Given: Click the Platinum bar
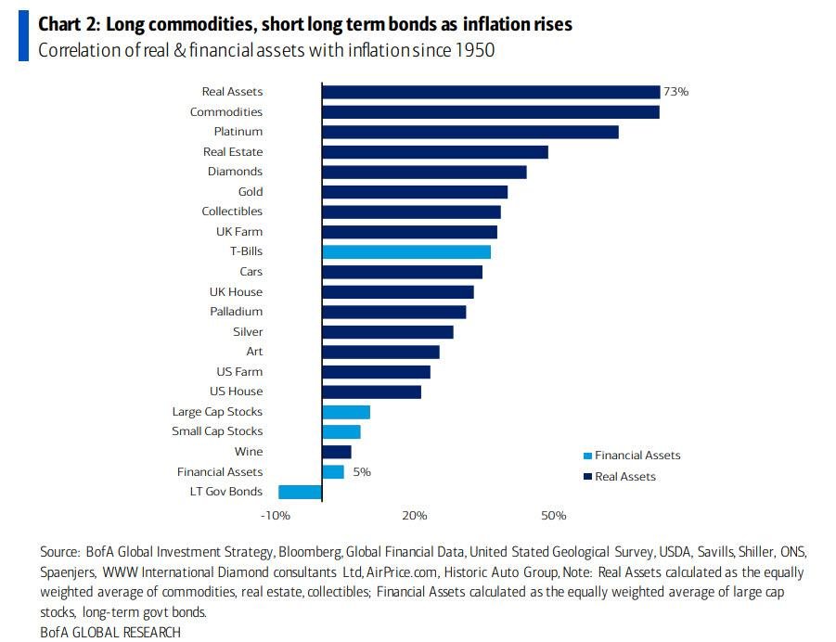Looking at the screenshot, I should pyautogui.click(x=469, y=132).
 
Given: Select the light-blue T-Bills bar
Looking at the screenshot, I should pyautogui.click(x=405, y=251).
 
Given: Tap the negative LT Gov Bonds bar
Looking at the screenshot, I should pyautogui.click(x=300, y=492).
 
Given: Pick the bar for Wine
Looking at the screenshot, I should pyautogui.click(x=336, y=452).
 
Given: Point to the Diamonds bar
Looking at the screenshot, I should pyautogui.click(x=424, y=172).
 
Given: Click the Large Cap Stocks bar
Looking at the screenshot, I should pyautogui.click(x=345, y=412).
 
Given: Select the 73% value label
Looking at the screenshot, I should pyautogui.click(x=676, y=92).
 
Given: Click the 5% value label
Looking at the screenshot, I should pyautogui.click(x=362, y=472).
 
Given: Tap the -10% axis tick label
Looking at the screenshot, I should pyautogui.click(x=276, y=516).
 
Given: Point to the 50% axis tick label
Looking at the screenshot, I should pyautogui.click(x=553, y=516).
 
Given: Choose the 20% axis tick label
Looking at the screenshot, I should pyautogui.click(x=415, y=516).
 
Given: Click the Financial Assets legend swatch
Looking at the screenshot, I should pyautogui.click(x=586, y=456).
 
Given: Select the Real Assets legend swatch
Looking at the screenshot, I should pyautogui.click(x=586, y=477).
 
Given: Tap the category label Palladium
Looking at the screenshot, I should pyautogui.click(x=236, y=312).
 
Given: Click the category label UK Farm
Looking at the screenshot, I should pyautogui.click(x=239, y=232).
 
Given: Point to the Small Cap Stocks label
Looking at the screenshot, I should pyautogui.click(x=217, y=431).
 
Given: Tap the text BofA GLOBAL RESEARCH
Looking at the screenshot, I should pyautogui.click(x=110, y=632).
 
